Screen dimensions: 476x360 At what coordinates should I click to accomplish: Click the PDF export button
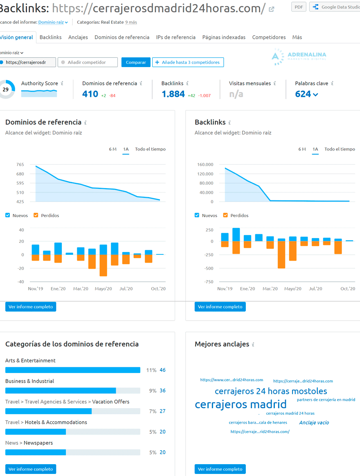point(298,7)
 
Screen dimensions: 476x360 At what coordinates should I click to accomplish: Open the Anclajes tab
point(78,37)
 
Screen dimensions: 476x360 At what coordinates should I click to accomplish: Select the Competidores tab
point(269,37)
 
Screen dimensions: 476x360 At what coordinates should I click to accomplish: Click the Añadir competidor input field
point(88,62)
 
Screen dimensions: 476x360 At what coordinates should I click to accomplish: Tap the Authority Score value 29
point(5,90)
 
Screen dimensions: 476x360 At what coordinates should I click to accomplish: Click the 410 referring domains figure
point(90,94)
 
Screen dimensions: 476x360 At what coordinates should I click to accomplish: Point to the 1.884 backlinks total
point(173,94)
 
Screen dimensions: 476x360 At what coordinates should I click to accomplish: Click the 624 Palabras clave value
point(303,94)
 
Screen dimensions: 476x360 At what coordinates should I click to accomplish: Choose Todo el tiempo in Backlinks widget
point(340,149)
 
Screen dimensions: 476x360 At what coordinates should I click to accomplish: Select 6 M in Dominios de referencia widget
point(112,149)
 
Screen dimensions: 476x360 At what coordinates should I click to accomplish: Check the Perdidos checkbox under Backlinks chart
point(225,215)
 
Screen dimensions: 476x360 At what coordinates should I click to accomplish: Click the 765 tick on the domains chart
point(20,164)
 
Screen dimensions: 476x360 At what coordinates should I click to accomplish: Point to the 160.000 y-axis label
point(205,164)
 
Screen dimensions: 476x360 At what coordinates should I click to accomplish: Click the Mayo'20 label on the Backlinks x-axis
point(292,289)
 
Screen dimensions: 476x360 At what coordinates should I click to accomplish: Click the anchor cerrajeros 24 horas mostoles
point(271,391)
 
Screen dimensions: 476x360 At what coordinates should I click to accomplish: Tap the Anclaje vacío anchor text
point(314,423)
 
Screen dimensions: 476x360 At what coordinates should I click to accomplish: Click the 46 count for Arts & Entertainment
point(162,370)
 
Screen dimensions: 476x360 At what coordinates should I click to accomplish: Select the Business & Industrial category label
point(29,381)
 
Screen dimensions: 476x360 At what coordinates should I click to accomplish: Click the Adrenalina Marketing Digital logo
point(299,57)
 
